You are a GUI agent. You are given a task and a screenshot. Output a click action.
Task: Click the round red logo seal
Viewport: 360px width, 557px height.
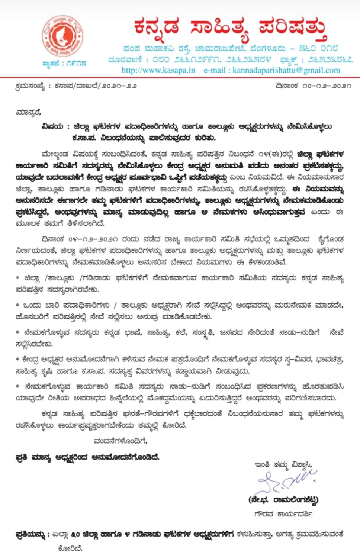(x=62, y=36)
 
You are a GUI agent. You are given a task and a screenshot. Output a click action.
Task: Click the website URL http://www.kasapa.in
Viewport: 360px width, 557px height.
(x=158, y=70)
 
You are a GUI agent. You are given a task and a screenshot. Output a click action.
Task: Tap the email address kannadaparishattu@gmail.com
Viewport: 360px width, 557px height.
(x=286, y=70)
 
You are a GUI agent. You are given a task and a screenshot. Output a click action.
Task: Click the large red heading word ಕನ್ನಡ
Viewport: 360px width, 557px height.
(x=157, y=27)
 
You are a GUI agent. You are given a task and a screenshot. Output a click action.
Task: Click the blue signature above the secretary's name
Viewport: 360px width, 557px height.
(x=286, y=482)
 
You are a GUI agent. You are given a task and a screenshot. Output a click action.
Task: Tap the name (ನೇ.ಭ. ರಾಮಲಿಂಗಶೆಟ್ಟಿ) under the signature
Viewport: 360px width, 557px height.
(x=283, y=500)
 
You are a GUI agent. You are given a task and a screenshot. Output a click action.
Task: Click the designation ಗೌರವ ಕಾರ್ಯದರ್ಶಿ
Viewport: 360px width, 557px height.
(x=283, y=514)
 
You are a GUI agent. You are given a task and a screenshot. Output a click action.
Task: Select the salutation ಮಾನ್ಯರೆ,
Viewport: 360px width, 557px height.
(x=28, y=112)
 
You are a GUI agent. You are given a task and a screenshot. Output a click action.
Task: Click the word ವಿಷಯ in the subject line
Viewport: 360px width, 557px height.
(x=52, y=126)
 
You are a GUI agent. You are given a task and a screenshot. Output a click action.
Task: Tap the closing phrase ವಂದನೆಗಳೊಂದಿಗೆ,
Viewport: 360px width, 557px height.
(x=120, y=441)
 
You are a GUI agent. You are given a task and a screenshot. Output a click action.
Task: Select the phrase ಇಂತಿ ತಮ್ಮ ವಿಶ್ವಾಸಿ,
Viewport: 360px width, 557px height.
(x=283, y=464)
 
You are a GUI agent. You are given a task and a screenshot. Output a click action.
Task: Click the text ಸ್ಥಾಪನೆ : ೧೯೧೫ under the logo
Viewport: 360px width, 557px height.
(x=64, y=63)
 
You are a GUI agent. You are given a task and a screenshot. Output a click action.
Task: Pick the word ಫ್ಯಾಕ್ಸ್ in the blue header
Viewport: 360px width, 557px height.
(x=289, y=59)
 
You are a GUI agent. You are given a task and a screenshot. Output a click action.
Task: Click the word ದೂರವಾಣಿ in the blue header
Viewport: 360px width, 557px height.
(x=125, y=59)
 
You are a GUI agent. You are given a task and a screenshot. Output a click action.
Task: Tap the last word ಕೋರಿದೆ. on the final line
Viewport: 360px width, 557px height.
(x=71, y=548)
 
